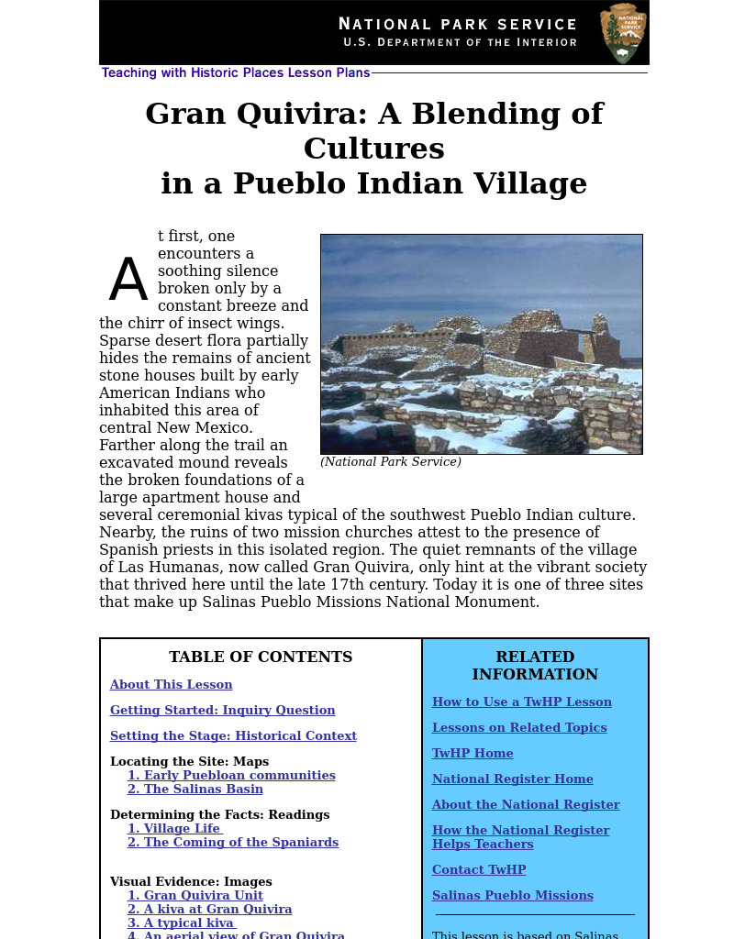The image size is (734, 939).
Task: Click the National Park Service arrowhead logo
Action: (x=624, y=33)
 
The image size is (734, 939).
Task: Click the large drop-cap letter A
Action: (x=128, y=281)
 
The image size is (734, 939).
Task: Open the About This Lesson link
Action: (x=171, y=685)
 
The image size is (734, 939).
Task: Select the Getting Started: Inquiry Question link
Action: (x=222, y=711)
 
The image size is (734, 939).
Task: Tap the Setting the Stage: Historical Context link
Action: (x=233, y=736)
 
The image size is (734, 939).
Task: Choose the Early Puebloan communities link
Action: (x=231, y=776)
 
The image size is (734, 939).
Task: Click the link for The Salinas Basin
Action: (x=195, y=790)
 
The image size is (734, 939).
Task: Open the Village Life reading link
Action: (x=174, y=829)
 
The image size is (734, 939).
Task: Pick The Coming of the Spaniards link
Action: (x=233, y=843)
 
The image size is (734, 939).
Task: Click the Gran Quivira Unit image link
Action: (x=195, y=896)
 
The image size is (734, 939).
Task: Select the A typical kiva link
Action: (x=182, y=923)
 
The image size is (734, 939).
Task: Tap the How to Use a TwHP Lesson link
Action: (x=521, y=702)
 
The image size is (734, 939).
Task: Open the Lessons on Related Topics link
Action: (x=519, y=728)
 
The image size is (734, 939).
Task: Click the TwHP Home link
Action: (x=473, y=754)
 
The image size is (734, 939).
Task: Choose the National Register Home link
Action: (x=512, y=779)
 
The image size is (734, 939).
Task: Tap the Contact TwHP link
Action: (x=479, y=870)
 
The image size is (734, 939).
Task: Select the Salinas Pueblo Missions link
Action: (x=512, y=896)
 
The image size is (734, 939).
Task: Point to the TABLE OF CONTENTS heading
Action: (x=261, y=657)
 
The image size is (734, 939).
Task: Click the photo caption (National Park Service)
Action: (x=390, y=462)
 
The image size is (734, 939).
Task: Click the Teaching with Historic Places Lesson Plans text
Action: (x=236, y=73)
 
